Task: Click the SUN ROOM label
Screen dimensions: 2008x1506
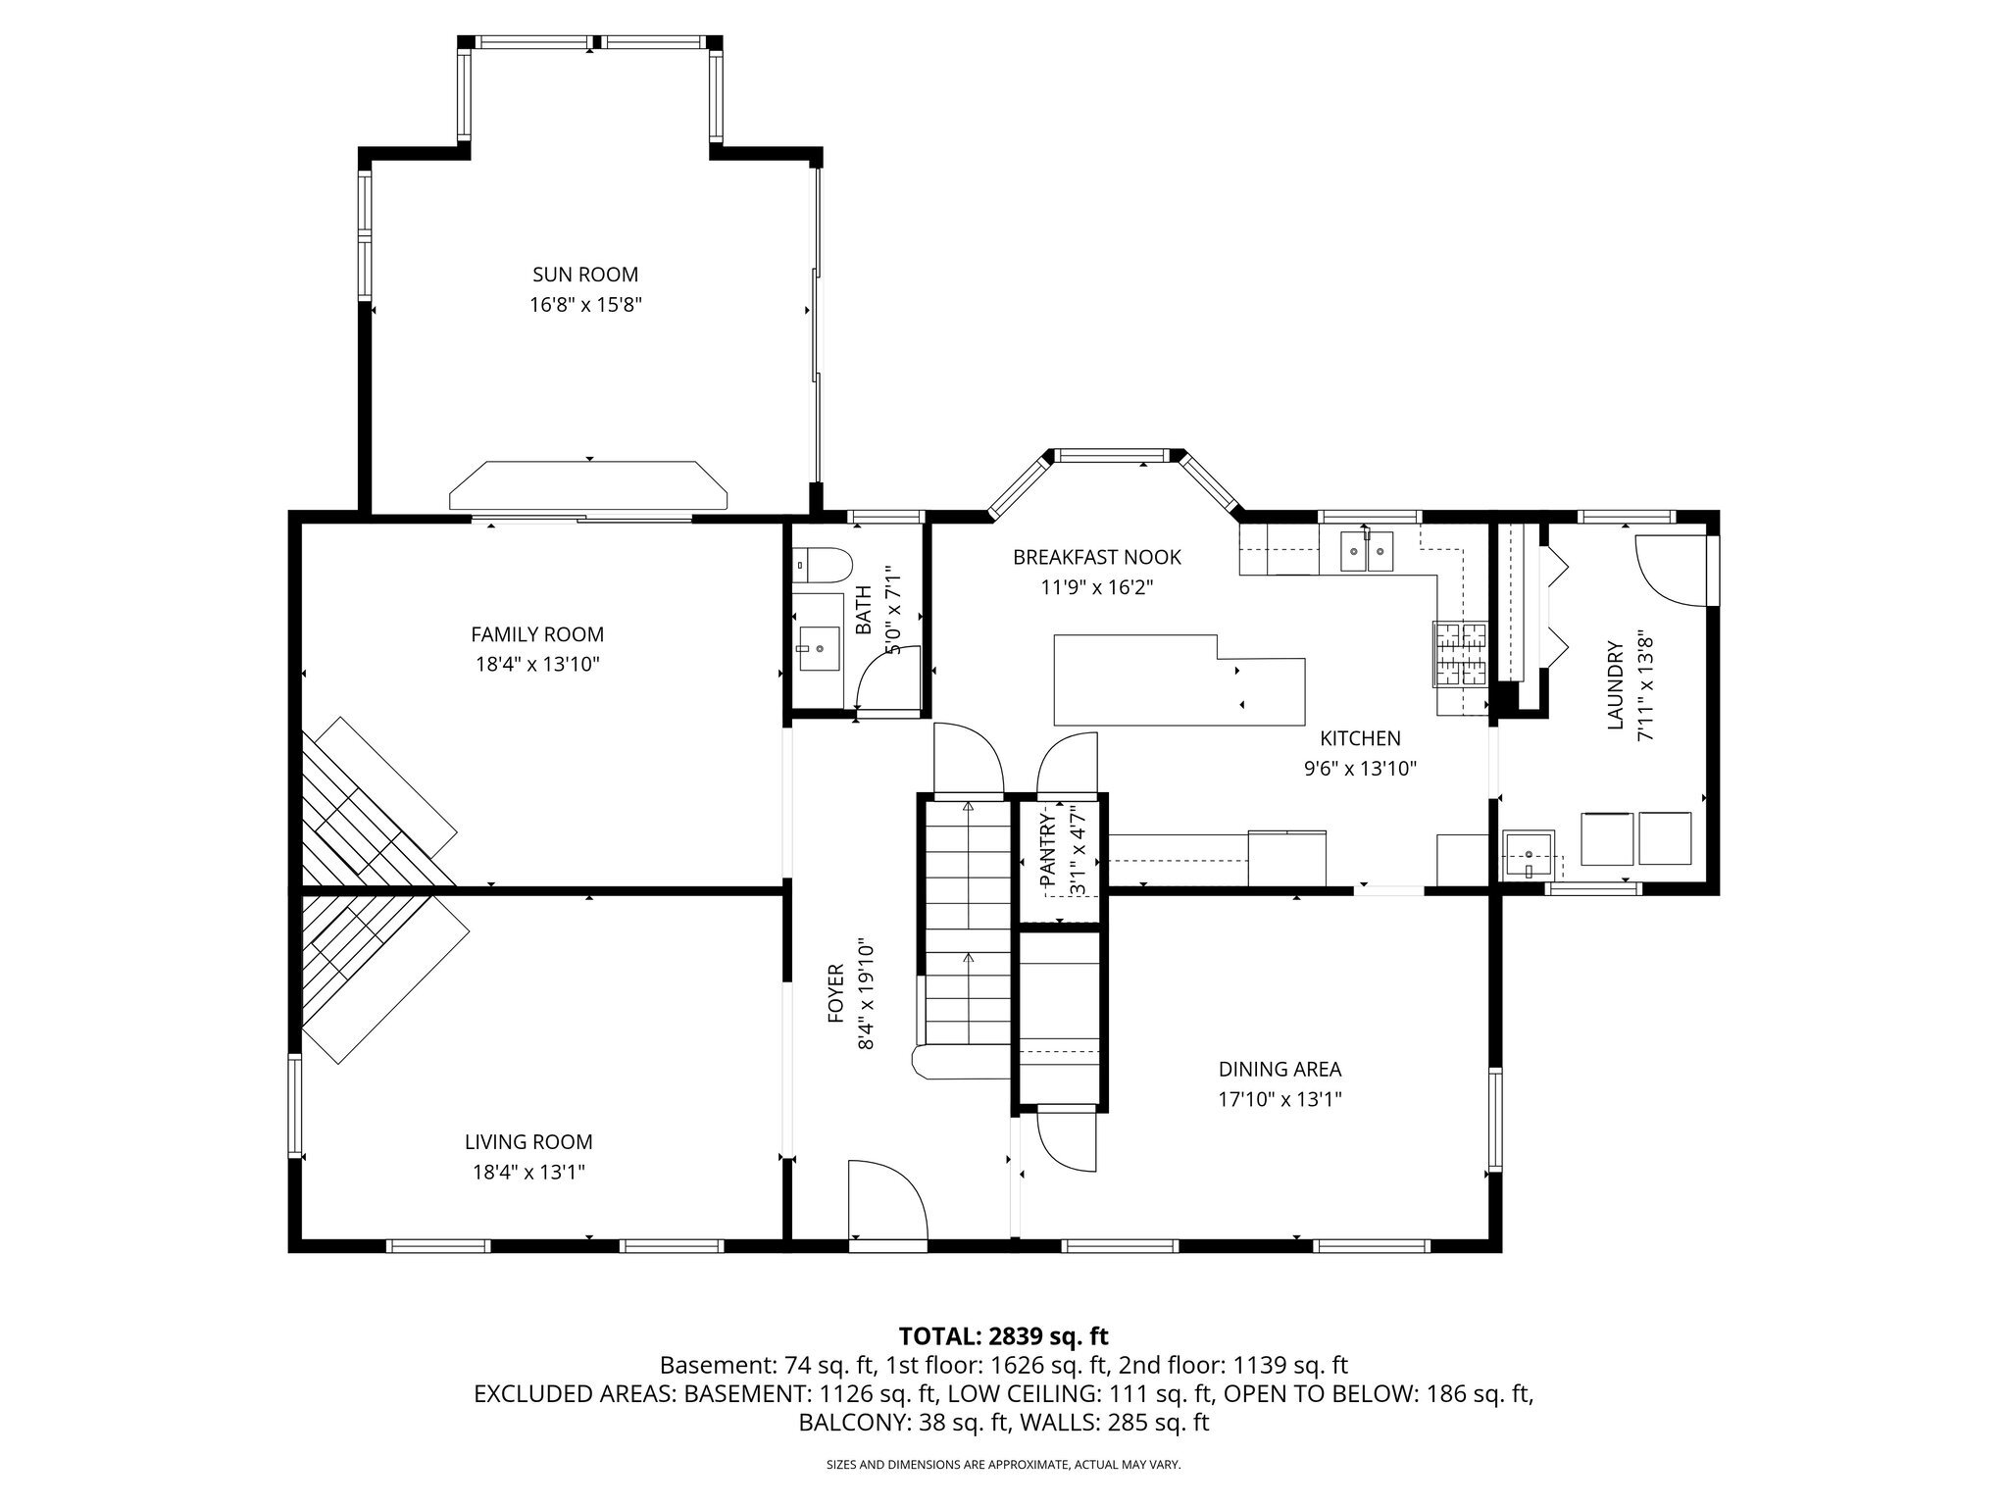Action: tap(585, 275)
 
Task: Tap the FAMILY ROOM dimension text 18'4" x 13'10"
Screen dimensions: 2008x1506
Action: tap(537, 665)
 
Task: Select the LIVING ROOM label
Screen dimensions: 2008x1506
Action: tap(528, 1142)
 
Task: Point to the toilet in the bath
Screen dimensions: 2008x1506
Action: tap(823, 564)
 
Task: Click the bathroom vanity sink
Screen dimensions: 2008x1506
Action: tap(817, 648)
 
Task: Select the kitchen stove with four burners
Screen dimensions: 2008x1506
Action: tap(1462, 653)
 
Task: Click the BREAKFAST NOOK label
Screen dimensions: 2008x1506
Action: tap(1097, 558)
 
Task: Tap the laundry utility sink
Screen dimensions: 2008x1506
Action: tap(1529, 854)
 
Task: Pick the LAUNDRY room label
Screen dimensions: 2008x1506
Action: tap(1615, 686)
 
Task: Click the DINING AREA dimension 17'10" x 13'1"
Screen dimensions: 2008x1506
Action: tap(1280, 1100)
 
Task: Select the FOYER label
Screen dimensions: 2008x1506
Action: tap(835, 993)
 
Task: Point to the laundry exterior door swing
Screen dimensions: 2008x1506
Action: tap(1672, 570)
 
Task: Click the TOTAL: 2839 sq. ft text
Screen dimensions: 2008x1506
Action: tap(1003, 1335)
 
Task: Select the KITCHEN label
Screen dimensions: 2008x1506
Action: tap(1360, 738)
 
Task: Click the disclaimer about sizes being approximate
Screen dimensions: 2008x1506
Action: tap(1004, 1465)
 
